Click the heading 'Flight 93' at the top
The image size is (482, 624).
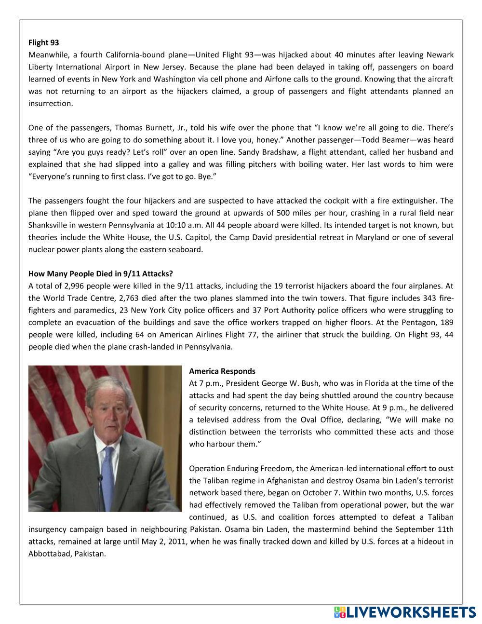coord(43,43)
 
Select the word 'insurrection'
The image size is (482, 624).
coord(50,104)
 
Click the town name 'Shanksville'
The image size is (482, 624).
coord(49,225)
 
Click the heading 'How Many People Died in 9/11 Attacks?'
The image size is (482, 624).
coord(100,274)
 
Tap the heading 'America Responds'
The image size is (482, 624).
coord(222,371)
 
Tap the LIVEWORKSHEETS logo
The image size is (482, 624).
coord(404,612)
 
